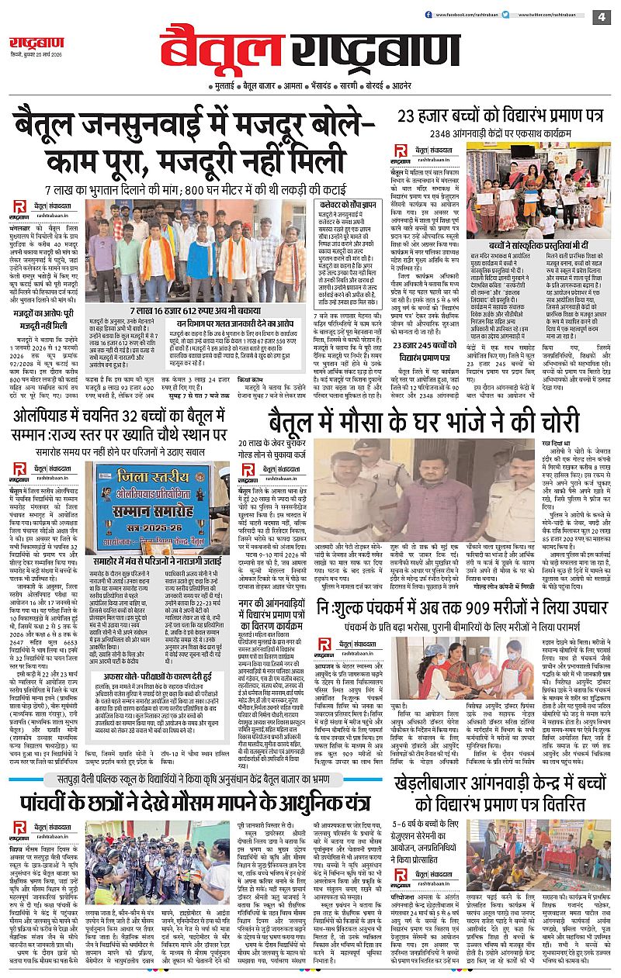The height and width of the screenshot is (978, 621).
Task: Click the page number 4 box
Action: click(602, 17)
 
